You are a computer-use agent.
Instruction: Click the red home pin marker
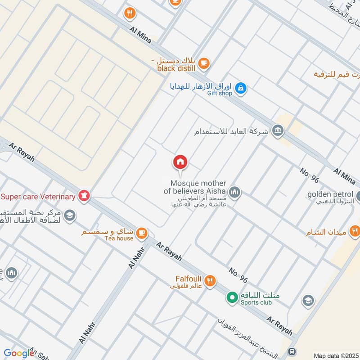pos(180,162)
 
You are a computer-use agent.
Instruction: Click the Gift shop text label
pos(220,94)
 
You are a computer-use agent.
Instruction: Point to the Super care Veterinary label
pos(38,197)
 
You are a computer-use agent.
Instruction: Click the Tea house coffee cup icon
pos(142,233)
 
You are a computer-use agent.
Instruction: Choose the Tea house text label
pos(119,238)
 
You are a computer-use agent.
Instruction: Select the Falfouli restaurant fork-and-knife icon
pos(210,282)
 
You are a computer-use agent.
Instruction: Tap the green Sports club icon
pos(232,298)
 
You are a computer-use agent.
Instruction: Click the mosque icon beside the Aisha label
pos(234,193)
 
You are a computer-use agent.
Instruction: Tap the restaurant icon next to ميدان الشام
pos(355,231)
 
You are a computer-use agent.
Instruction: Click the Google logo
pos(19,353)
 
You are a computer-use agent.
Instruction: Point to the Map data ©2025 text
pos(335,355)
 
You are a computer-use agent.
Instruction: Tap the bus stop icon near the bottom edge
pos(292,351)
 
